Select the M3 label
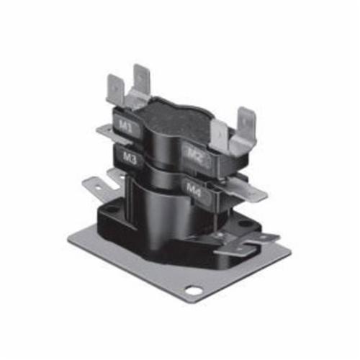pyautogui.click(x=129, y=158)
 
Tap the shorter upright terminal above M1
pyautogui.click(x=116, y=91)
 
